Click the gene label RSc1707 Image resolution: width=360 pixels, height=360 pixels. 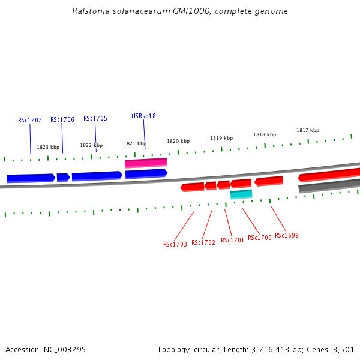pos(30,120)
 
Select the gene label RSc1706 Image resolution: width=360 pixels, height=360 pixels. pos(62,119)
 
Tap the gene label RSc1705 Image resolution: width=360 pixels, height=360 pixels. pos(95,118)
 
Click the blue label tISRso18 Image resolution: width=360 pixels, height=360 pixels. pos(143,116)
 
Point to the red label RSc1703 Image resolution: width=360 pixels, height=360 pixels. pos(175,244)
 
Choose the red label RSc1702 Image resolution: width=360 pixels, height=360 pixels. pos(203,242)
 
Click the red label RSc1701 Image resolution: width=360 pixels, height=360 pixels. pos(232,240)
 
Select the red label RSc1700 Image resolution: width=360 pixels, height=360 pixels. pos(260,238)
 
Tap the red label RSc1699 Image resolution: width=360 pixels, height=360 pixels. pos(287,235)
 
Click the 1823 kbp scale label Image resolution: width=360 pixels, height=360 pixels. pos(48,147)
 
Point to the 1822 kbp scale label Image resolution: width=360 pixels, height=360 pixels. pos(91,145)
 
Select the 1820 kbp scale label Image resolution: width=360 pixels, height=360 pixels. pos(178,141)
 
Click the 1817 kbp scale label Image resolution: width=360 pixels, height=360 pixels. pos(308,130)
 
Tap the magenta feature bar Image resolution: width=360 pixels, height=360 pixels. pos(146,163)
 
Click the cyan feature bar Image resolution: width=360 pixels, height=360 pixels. pos(241,194)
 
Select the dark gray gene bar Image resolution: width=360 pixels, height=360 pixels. pos(329,186)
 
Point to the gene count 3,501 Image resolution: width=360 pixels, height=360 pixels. pos(343,349)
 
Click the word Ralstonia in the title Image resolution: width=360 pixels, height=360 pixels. pos(91,11)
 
